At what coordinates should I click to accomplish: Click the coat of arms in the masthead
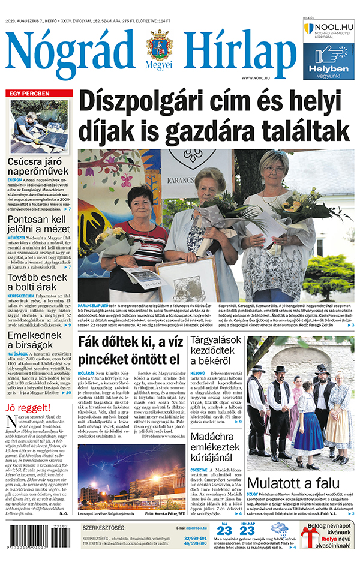[159, 48]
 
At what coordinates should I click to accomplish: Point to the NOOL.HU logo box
[329, 31]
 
